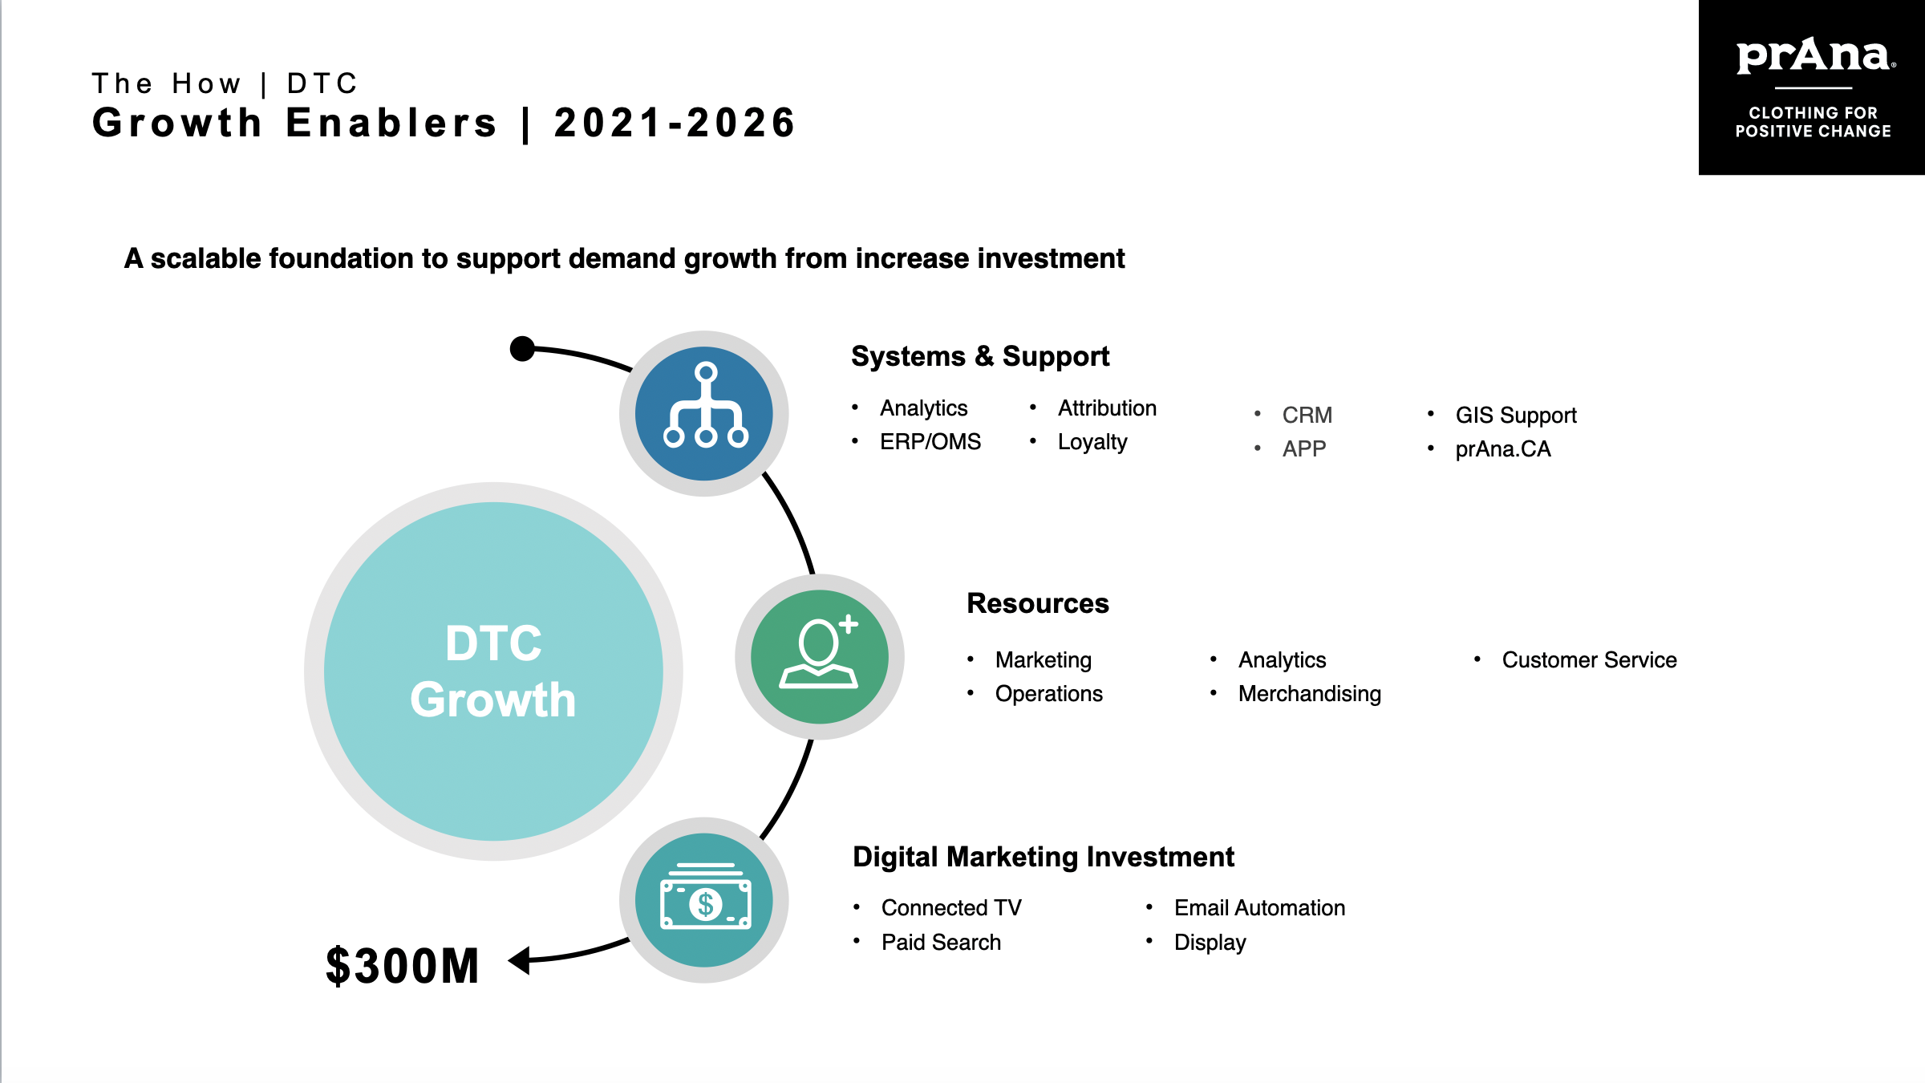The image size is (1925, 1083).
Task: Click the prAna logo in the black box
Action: (x=1814, y=56)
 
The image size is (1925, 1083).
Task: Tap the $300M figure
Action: (x=403, y=965)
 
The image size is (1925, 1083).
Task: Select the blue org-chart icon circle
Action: (x=704, y=413)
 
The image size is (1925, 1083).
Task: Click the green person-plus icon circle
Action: (x=819, y=656)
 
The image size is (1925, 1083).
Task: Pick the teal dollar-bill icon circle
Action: (x=704, y=900)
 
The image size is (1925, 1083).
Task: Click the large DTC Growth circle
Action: (x=493, y=671)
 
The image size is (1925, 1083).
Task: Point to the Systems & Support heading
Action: (x=980, y=356)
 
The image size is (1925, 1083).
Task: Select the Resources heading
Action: (x=1037, y=603)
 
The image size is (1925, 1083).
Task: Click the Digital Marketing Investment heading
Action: (x=1043, y=857)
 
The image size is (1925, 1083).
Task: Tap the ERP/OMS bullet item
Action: (x=930, y=442)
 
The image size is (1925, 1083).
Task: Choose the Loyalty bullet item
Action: (x=1092, y=442)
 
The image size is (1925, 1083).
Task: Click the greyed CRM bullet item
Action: (x=1307, y=415)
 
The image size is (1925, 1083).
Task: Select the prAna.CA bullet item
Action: (x=1503, y=449)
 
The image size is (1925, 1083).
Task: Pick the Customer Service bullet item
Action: (x=1589, y=659)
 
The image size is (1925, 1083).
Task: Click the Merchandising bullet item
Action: (x=1309, y=694)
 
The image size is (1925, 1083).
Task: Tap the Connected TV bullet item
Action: (x=951, y=907)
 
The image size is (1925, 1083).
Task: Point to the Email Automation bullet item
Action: (x=1259, y=907)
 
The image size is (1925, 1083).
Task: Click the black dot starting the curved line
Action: (x=522, y=349)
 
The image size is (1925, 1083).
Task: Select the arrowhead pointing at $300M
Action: (x=520, y=959)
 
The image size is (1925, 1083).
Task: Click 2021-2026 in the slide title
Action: (x=675, y=123)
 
